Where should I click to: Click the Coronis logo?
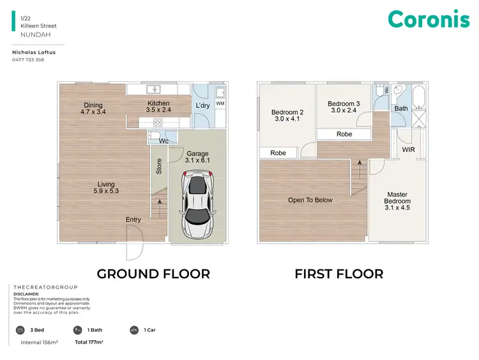coord(429,20)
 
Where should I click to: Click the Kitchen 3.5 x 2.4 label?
coord(158,107)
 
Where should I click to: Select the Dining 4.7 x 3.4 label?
coord(93,109)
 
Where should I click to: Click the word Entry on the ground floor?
coord(133,220)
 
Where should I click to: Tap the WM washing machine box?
coord(220,103)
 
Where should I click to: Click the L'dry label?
coord(203,105)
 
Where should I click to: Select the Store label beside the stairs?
coord(159,166)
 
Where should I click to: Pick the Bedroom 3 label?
coord(344,107)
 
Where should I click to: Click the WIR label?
coord(409,149)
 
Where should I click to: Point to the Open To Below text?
coord(310,200)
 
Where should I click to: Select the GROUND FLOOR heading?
coord(153,274)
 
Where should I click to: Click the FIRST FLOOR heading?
coord(338,274)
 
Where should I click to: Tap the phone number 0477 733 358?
coord(28,60)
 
